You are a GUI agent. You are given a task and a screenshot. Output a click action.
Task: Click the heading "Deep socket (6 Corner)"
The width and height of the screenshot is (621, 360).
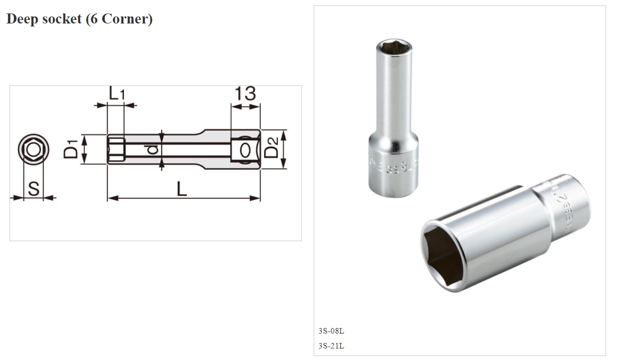coord(79,19)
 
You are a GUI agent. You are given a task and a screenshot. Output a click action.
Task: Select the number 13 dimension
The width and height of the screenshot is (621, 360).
coord(245,93)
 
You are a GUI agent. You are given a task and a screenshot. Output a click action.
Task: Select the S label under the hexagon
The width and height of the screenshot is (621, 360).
coord(33,189)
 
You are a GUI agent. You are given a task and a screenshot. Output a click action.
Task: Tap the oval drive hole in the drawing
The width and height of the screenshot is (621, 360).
coord(245,150)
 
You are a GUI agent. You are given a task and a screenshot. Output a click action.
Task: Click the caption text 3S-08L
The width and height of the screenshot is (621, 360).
coord(331,331)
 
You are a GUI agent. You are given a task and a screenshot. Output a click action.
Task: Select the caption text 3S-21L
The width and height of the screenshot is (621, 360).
coord(331,346)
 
